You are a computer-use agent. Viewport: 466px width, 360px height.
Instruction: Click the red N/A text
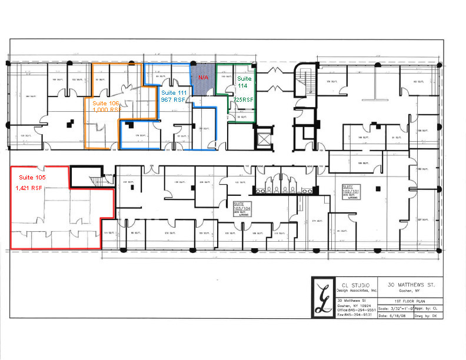point(202,77)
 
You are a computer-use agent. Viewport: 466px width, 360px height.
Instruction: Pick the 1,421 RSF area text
point(29,188)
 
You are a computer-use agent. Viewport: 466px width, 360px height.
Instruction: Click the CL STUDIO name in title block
point(357,285)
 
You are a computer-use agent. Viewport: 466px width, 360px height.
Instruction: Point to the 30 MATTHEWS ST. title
point(412,285)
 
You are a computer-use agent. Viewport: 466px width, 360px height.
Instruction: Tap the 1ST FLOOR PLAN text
point(411,301)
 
